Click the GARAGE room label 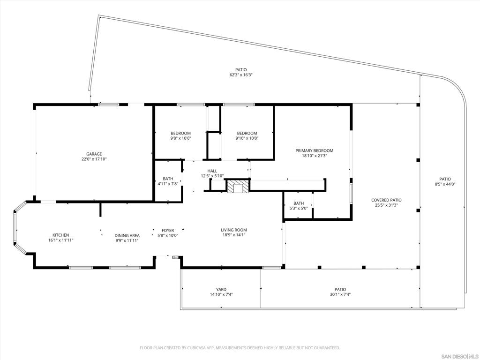[94, 154]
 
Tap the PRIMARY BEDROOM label [314, 150]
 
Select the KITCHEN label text [60, 235]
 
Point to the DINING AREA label [127, 235]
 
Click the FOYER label [168, 230]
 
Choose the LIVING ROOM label [234, 230]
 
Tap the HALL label [212, 171]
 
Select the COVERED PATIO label [386, 200]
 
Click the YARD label [221, 289]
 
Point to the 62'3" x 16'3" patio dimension [241, 75]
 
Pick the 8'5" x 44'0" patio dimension [445, 184]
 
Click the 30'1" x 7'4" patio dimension [340, 295]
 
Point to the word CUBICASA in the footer [193, 348]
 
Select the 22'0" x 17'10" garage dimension [94, 159]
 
